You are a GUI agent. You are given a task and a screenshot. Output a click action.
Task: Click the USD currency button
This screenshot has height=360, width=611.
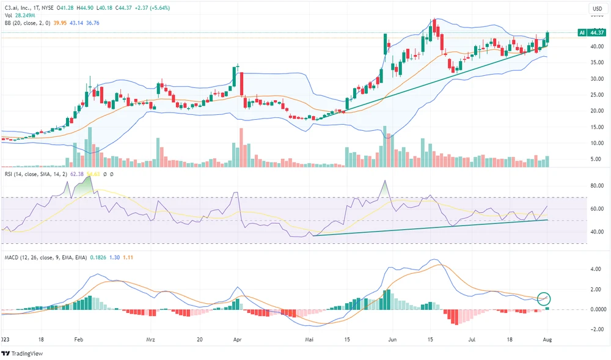597,9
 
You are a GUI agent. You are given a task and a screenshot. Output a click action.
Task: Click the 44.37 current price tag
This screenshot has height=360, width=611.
597,32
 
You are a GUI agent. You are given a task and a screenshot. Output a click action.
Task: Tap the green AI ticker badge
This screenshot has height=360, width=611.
582,32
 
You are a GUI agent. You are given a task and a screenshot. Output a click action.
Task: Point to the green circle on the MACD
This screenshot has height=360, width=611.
545,299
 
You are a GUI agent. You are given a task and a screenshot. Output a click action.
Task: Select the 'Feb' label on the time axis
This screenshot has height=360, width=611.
79,338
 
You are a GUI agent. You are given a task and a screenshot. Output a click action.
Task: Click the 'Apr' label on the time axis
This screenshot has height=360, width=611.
238,338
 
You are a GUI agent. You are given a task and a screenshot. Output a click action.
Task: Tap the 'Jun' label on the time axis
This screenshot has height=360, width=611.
392,338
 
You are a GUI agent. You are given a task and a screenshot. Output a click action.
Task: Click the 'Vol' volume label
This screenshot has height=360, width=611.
9,15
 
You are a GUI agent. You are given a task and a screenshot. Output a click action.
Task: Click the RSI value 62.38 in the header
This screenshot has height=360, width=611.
77,174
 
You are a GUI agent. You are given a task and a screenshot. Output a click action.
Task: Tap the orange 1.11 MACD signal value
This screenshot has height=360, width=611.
127,257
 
